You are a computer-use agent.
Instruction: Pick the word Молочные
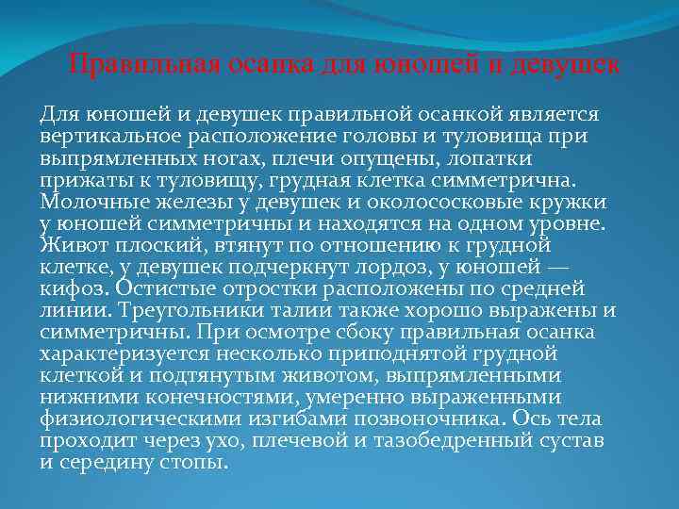(x=93, y=203)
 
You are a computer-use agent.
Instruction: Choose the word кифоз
(x=67, y=289)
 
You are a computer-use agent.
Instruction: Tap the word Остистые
(x=149, y=289)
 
